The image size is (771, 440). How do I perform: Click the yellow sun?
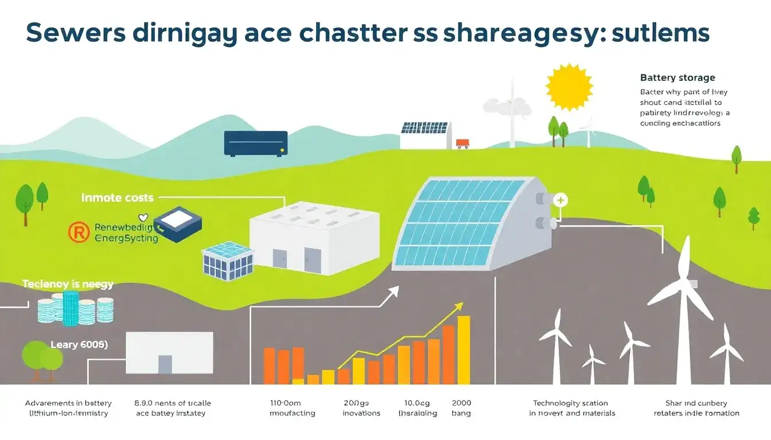coord(567,87)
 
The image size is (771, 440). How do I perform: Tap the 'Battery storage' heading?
coord(677,77)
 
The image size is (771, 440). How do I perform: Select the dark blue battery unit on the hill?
coord(255,143)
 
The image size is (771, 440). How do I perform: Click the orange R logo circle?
coord(79,232)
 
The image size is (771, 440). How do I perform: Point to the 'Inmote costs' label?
coord(117,198)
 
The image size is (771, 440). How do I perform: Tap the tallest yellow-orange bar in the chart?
coord(464,349)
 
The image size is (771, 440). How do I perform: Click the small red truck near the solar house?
coord(462,143)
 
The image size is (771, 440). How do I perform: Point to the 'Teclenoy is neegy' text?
coord(68,284)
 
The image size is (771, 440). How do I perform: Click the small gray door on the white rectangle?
coord(165,364)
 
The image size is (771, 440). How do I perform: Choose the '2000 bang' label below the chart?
coord(461,408)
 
